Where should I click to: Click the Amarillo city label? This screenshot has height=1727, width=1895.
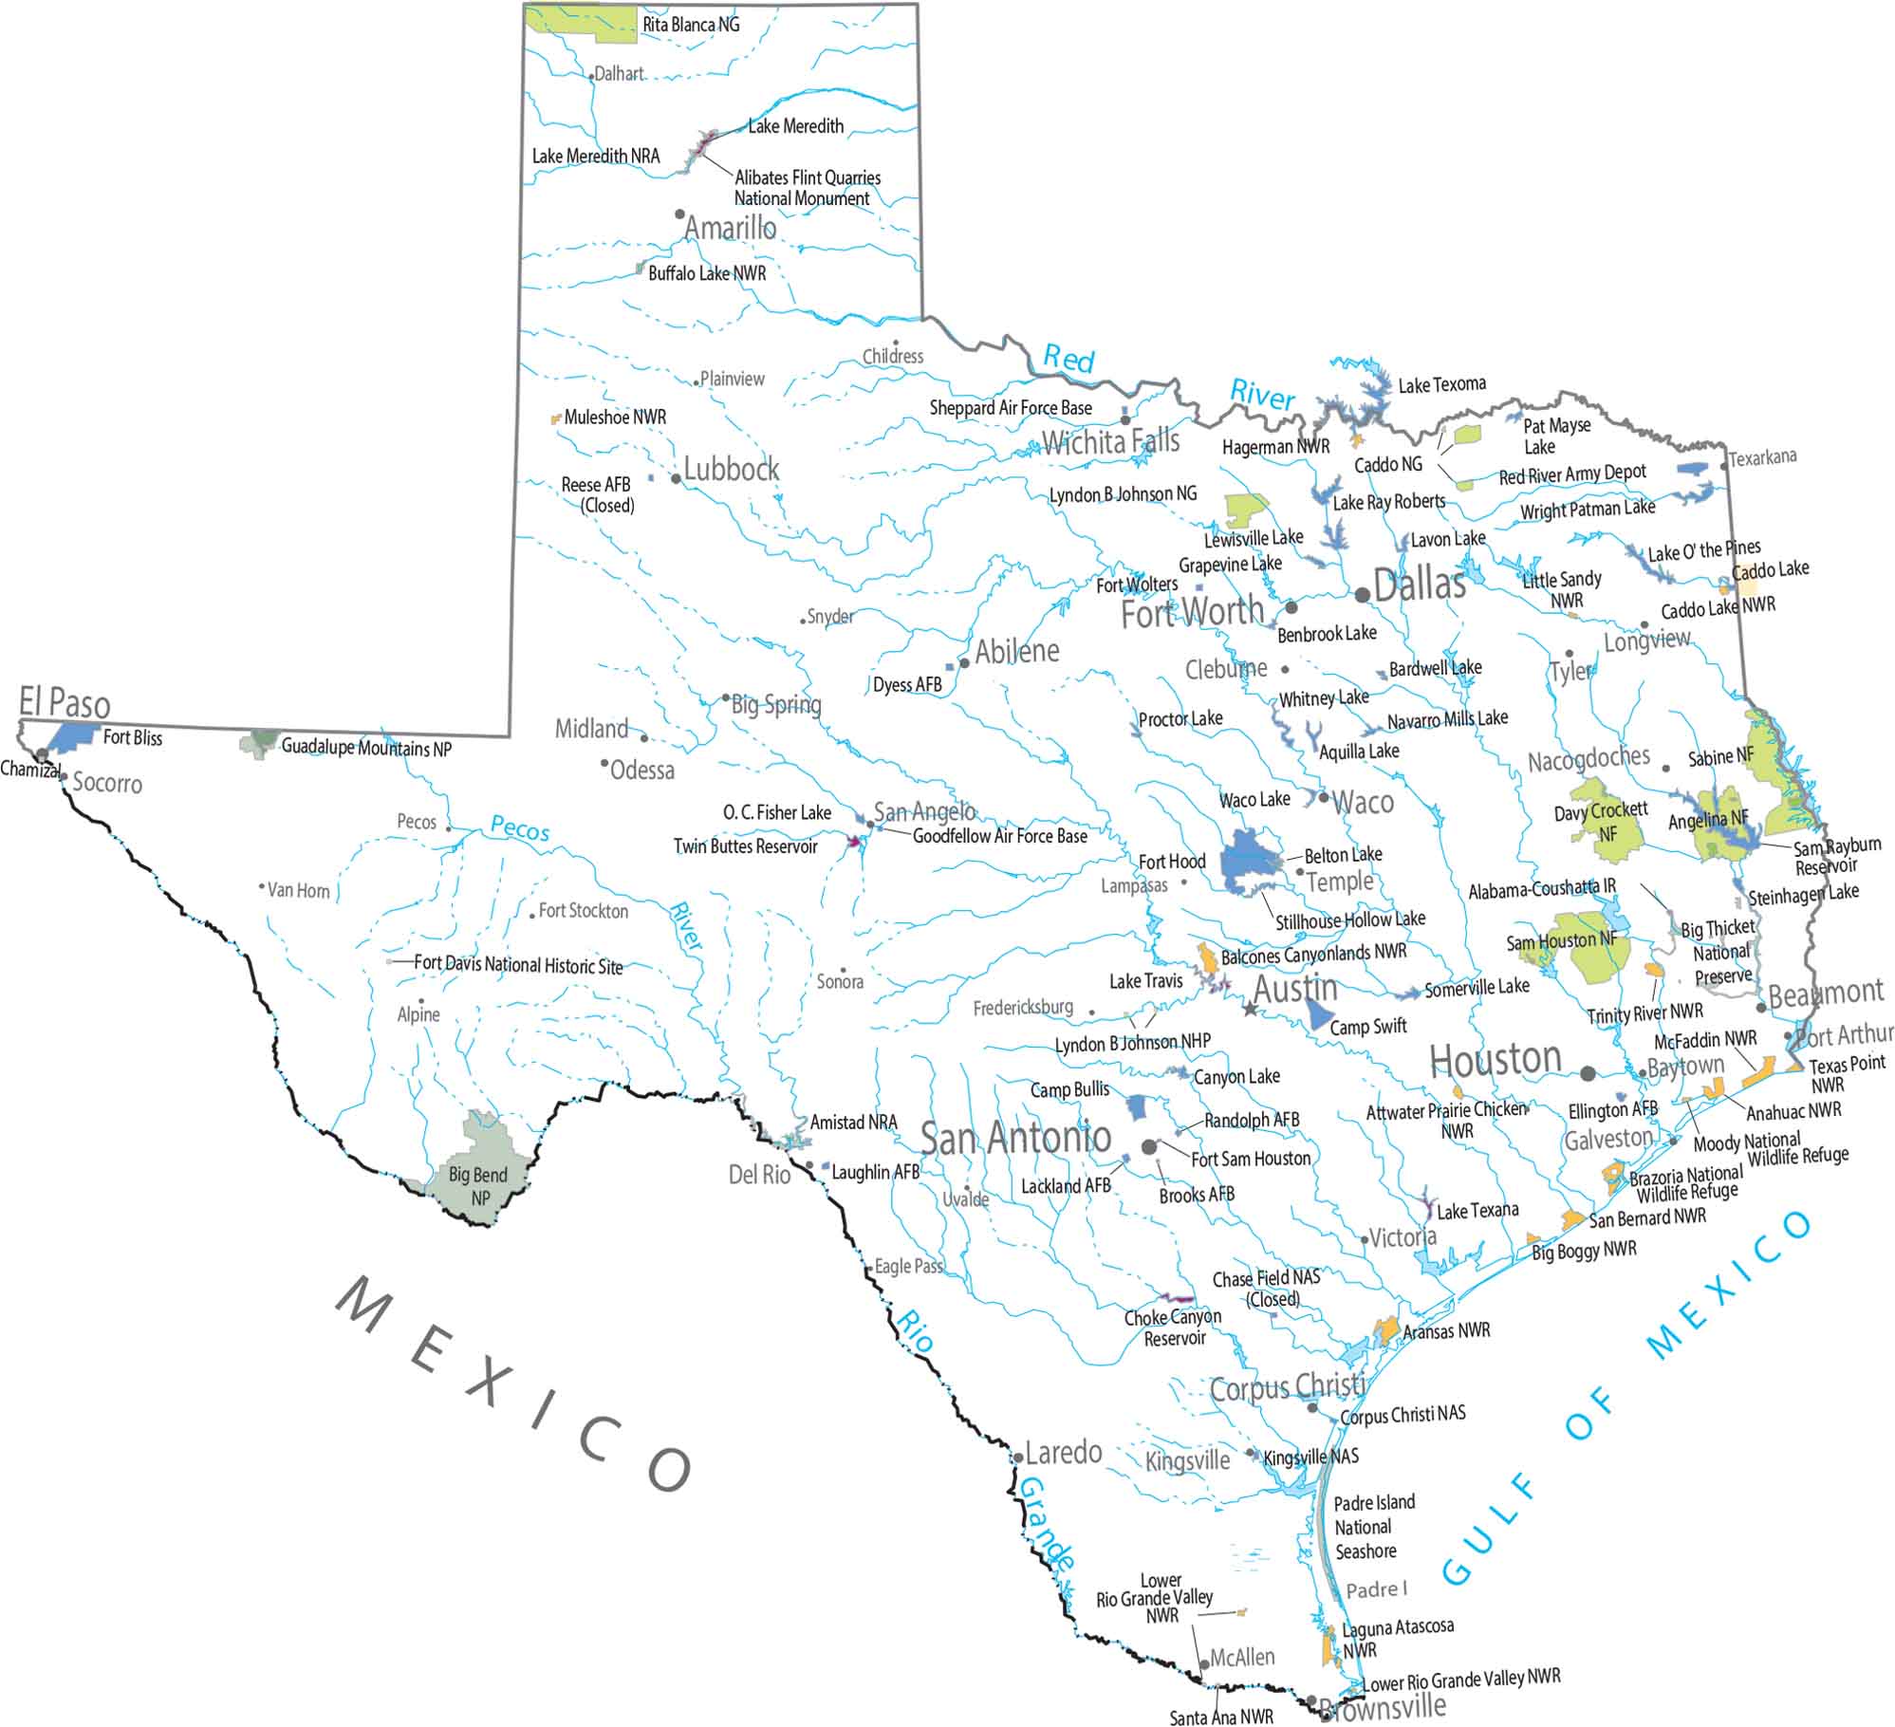[730, 229]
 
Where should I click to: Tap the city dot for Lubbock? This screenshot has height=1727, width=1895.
[676, 478]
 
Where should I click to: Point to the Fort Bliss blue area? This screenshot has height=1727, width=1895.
[73, 737]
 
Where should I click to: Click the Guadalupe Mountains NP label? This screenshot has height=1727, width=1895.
[366, 748]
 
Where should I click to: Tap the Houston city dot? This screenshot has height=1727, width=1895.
[1588, 1074]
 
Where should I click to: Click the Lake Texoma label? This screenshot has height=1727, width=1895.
[1441, 384]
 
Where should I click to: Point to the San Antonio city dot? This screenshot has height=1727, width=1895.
[1149, 1146]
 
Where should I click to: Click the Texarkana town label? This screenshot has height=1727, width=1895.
[1762, 458]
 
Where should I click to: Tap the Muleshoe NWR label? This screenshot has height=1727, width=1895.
[615, 418]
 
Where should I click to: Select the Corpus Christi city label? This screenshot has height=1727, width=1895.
[1287, 1389]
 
